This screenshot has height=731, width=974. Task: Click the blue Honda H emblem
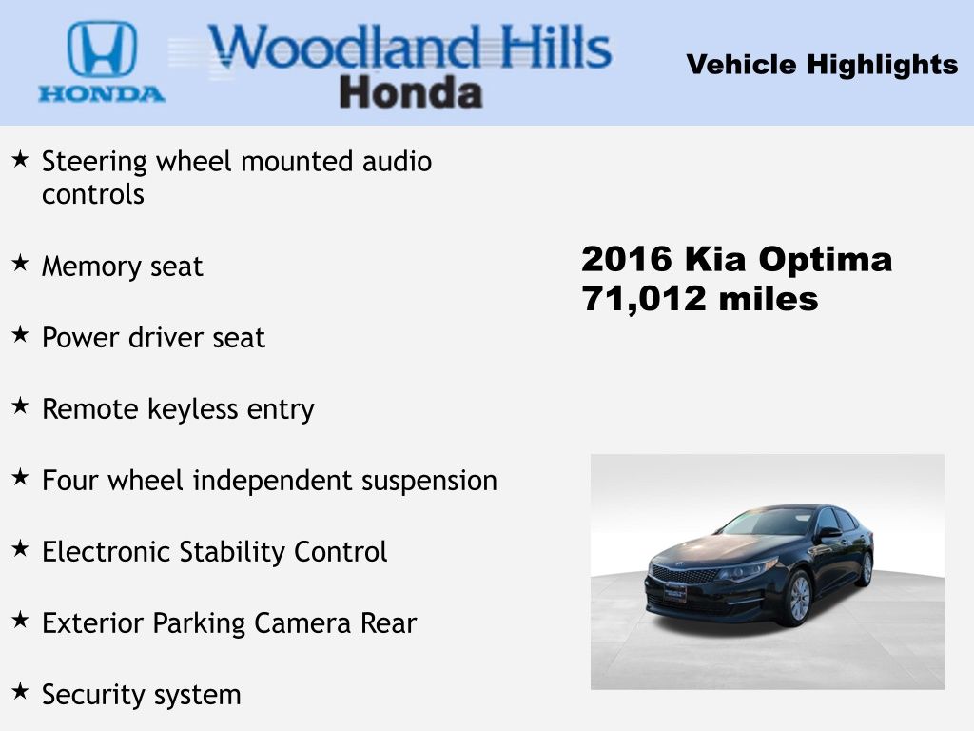click(102, 49)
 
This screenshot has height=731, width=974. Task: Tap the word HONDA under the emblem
click(102, 94)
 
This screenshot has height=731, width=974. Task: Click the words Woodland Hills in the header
click(410, 47)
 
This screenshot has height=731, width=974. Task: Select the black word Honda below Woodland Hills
click(411, 92)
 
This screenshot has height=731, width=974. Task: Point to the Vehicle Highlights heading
click(822, 65)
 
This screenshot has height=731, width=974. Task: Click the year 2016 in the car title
click(627, 259)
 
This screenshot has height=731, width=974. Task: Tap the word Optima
click(826, 260)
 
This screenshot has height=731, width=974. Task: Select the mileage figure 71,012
click(644, 299)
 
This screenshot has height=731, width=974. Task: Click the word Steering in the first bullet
click(94, 162)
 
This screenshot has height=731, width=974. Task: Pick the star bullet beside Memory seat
click(20, 263)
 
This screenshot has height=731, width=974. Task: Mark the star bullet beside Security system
click(20, 691)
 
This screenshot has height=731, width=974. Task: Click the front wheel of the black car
click(799, 598)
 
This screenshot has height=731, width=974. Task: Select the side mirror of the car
click(828, 533)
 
